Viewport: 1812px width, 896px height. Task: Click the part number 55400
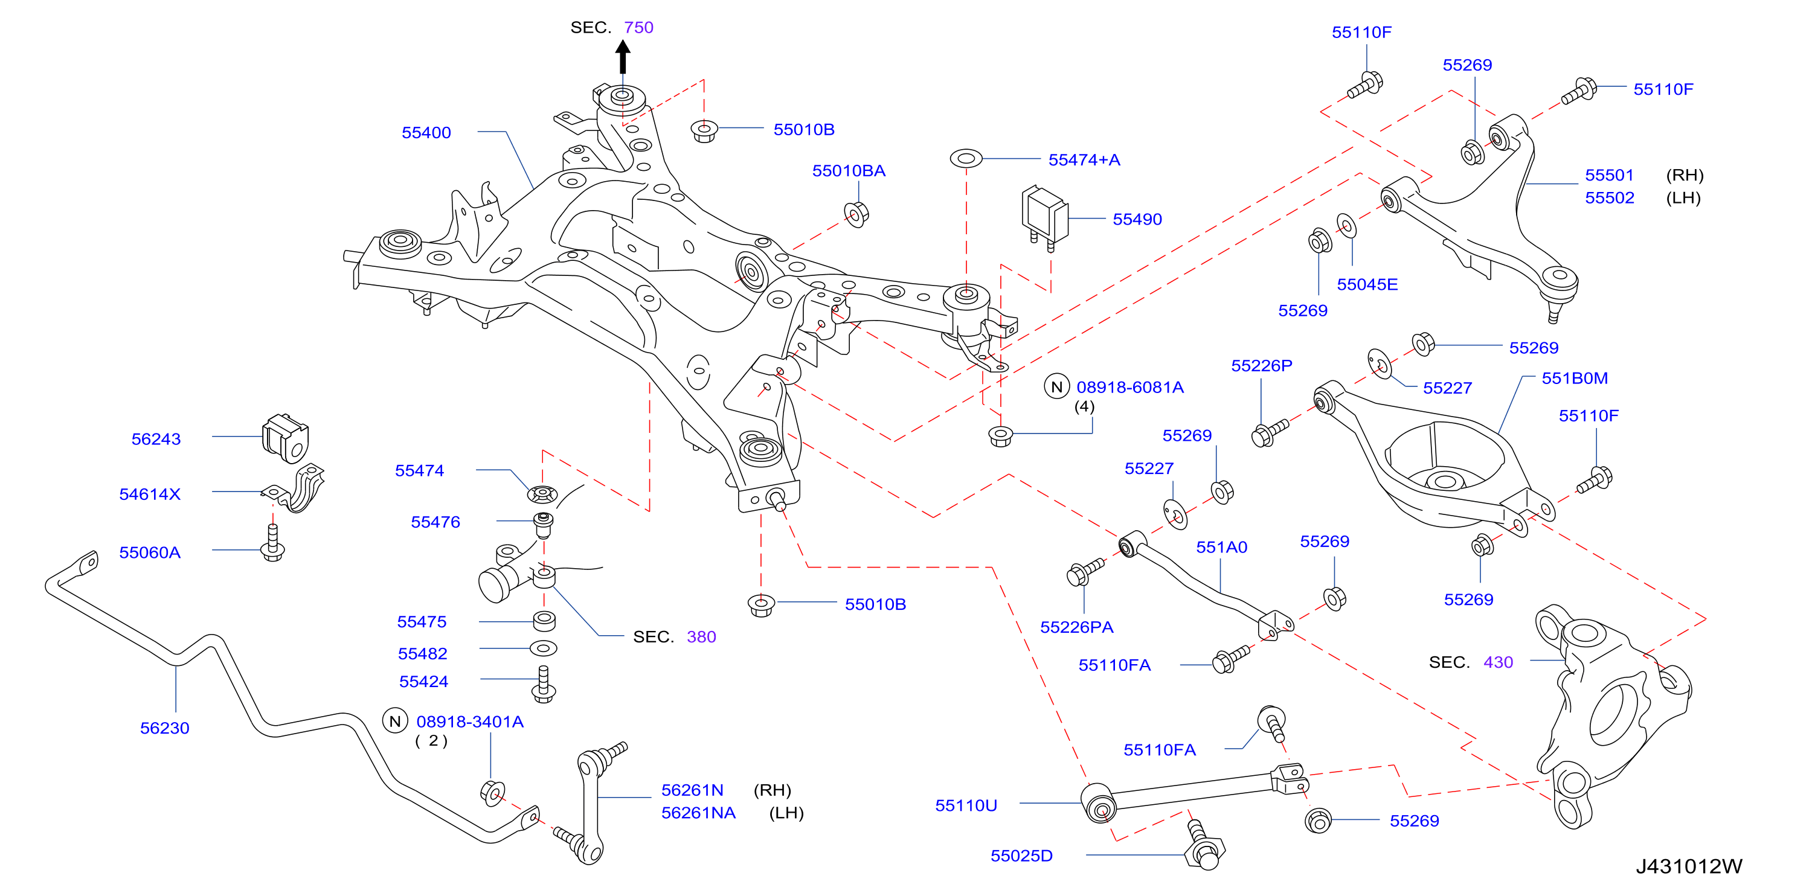click(x=426, y=132)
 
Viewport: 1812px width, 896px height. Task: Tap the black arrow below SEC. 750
click(x=623, y=57)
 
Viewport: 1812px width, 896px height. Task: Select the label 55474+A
click(x=1084, y=159)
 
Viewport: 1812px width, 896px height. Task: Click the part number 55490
click(x=1137, y=219)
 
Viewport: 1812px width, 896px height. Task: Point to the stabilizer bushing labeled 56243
click(x=285, y=438)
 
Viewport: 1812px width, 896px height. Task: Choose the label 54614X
click(x=150, y=494)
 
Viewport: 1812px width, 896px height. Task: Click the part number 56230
click(x=165, y=728)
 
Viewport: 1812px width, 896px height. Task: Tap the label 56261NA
click(x=698, y=813)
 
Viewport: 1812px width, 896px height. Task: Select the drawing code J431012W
click(x=1689, y=866)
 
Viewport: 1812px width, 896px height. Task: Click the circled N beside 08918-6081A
click(x=1056, y=387)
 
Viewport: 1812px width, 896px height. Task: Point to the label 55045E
click(x=1367, y=285)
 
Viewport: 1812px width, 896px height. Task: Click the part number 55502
click(x=1610, y=197)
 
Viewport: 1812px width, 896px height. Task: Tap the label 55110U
click(x=966, y=805)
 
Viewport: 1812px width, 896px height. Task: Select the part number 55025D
click(x=1021, y=856)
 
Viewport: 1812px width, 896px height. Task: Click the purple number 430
click(x=1499, y=662)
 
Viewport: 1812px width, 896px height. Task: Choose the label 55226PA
click(x=1076, y=627)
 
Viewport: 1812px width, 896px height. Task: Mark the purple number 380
click(x=701, y=637)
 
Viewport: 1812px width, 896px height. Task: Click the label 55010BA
click(x=849, y=171)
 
